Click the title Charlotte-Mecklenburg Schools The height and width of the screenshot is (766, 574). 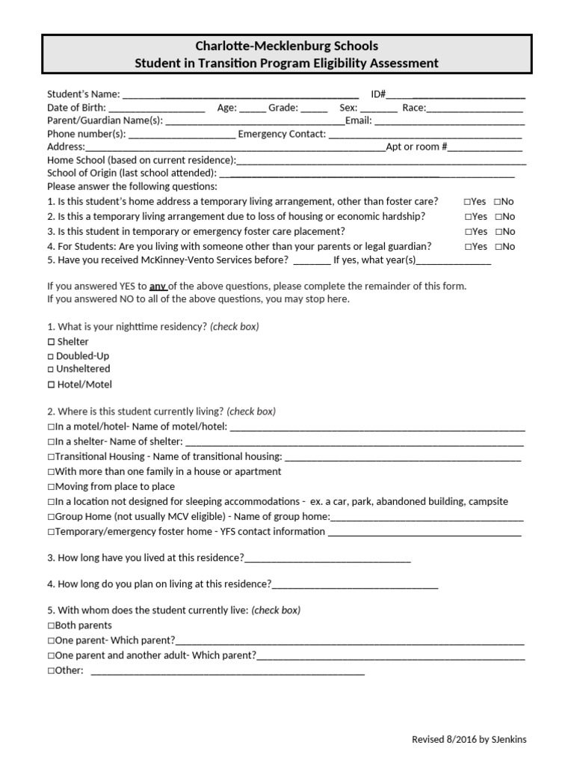(x=287, y=46)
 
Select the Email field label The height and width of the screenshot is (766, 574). (x=358, y=120)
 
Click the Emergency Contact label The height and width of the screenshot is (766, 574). (x=282, y=134)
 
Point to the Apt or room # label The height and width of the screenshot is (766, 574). (x=416, y=147)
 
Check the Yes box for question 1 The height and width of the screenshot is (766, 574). (x=467, y=202)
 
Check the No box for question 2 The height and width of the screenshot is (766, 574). (x=497, y=217)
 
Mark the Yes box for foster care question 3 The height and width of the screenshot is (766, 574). (x=467, y=232)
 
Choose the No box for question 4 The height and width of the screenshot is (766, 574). (x=497, y=247)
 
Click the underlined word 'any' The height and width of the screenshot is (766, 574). (x=158, y=286)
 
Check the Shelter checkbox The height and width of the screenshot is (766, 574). (x=51, y=342)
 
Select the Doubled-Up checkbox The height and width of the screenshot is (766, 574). (x=51, y=356)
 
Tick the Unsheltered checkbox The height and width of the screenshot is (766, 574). (x=51, y=369)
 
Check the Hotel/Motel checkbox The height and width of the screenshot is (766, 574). (x=51, y=384)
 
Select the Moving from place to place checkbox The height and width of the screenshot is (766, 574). (x=51, y=487)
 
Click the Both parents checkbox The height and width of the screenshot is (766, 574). (x=51, y=625)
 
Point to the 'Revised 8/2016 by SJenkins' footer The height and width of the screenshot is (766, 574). (x=469, y=739)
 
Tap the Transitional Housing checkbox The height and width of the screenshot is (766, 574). (x=51, y=457)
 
